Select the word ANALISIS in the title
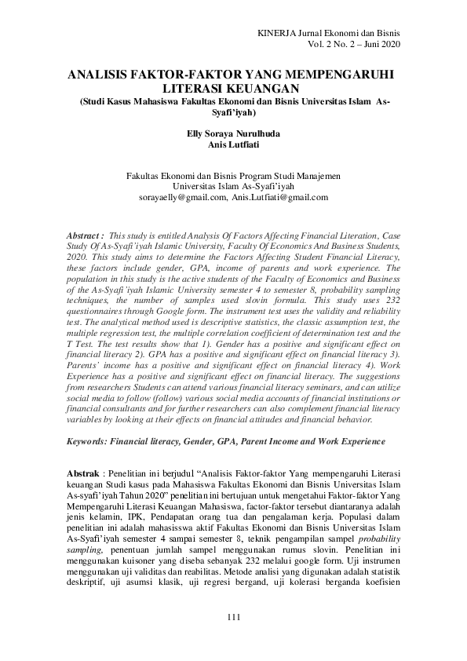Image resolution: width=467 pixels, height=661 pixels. click(x=98, y=75)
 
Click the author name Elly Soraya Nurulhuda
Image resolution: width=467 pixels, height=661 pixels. click(x=233, y=133)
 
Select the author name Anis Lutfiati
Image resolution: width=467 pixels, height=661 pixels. click(x=233, y=144)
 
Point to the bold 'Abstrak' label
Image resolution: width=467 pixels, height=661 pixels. click(x=82, y=477)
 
